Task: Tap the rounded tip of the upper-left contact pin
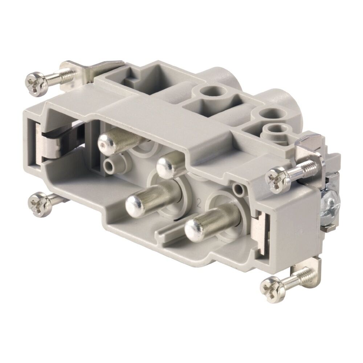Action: [x=108, y=142]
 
